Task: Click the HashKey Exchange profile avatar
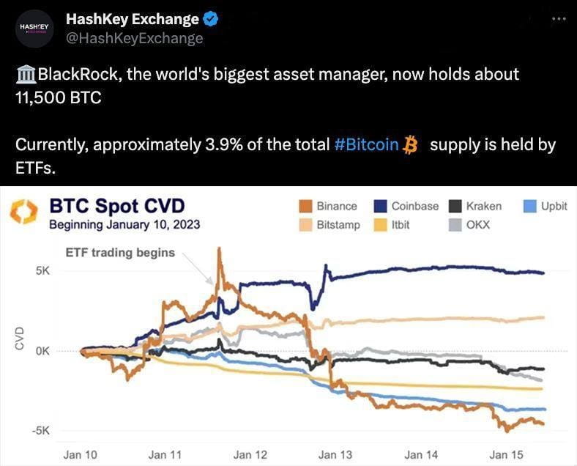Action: [34, 28]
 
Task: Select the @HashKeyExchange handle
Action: [134, 39]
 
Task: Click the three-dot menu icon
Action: [559, 18]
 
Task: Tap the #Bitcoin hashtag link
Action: [366, 144]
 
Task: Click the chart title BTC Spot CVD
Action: [116, 206]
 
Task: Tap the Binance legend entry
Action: [329, 206]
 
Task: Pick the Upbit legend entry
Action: [546, 206]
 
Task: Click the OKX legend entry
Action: [470, 224]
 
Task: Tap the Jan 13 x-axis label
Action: [336, 455]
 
